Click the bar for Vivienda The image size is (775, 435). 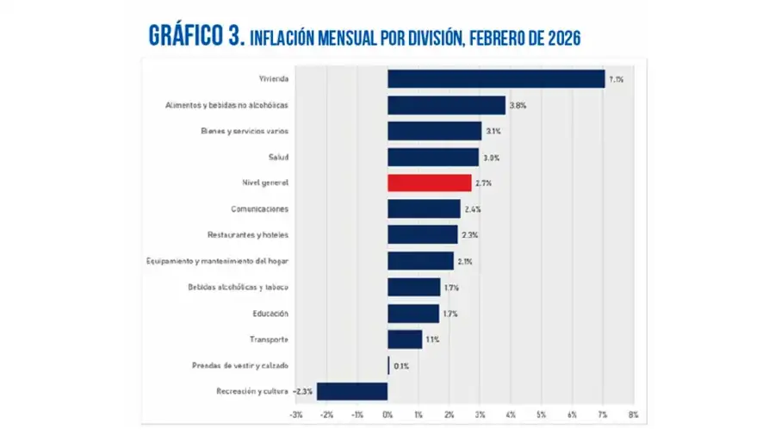coord(496,79)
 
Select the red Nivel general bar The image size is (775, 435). coord(429,183)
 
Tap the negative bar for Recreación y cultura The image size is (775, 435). coord(352,391)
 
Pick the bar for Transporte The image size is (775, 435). coord(405,339)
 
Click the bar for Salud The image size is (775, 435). coord(432,157)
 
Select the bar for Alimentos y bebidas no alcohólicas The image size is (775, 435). coord(446,105)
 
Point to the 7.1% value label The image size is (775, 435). coord(617,79)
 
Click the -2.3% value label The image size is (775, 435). coord(303,391)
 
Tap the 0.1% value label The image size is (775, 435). coord(401,365)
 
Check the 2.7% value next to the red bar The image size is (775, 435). coord(483,183)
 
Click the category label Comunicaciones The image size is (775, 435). coord(259,209)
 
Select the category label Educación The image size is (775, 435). coord(270,314)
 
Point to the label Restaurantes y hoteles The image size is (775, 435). coord(247,235)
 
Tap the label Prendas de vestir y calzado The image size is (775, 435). coord(239,365)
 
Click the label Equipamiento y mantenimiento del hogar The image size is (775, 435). coord(216,261)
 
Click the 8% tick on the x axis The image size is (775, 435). coord(633,415)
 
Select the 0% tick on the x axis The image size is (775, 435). coord(387,415)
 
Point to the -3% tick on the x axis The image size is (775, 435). coord(295,415)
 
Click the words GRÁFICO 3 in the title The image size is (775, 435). coord(197,35)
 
